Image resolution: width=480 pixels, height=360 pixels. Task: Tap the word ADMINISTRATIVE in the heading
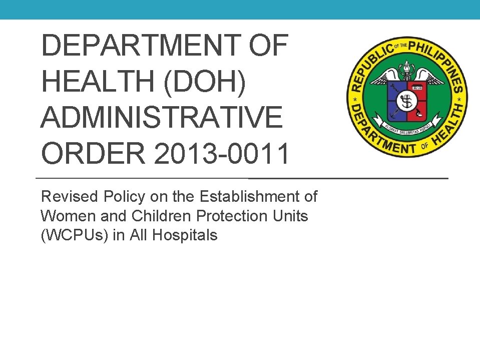coord(161,118)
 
